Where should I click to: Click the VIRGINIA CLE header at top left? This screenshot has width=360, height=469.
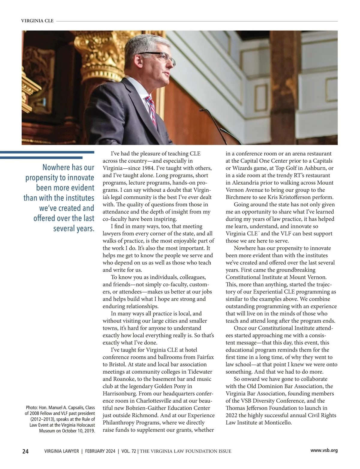tap(37, 21)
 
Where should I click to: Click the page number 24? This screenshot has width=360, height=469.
tap(25, 451)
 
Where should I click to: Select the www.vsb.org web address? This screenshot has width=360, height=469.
tap(324, 450)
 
